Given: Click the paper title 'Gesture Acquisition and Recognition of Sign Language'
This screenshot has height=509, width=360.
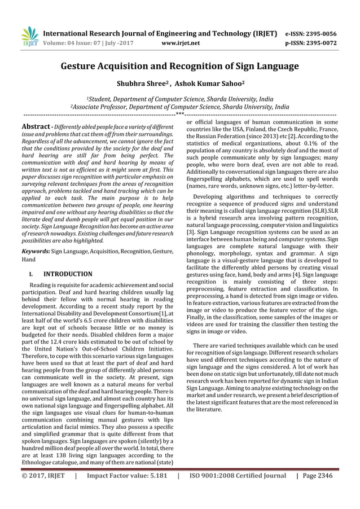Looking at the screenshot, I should pyautogui.click(x=179, y=67).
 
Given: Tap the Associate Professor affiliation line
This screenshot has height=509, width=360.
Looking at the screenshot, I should pyautogui.click(x=179, y=106).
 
